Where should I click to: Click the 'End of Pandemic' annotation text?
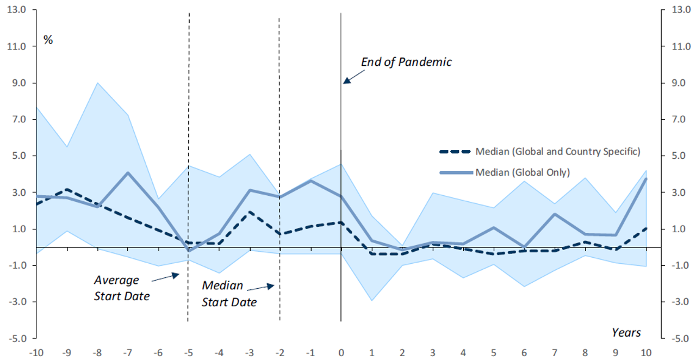pyautogui.click(x=406, y=62)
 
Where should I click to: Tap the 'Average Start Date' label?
pyautogui.click(x=121, y=288)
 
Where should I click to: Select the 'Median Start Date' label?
pyautogui.click(x=229, y=294)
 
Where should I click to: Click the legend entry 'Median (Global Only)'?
pyautogui.click(x=522, y=172)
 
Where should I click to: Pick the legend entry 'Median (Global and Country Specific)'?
pyautogui.click(x=557, y=151)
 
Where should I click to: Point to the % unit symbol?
pyautogui.click(x=48, y=40)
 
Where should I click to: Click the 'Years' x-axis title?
pyautogui.click(x=626, y=332)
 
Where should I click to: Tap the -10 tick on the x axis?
pyautogui.click(x=36, y=351)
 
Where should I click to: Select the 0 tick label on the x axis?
pyautogui.click(x=341, y=351)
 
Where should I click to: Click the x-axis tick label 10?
pyautogui.click(x=646, y=351)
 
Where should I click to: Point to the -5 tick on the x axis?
pyautogui.click(x=188, y=351)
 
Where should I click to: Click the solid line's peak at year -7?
pyautogui.click(x=127, y=173)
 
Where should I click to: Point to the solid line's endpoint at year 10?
pyautogui.click(x=646, y=179)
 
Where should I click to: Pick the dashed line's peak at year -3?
pyautogui.click(x=249, y=212)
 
